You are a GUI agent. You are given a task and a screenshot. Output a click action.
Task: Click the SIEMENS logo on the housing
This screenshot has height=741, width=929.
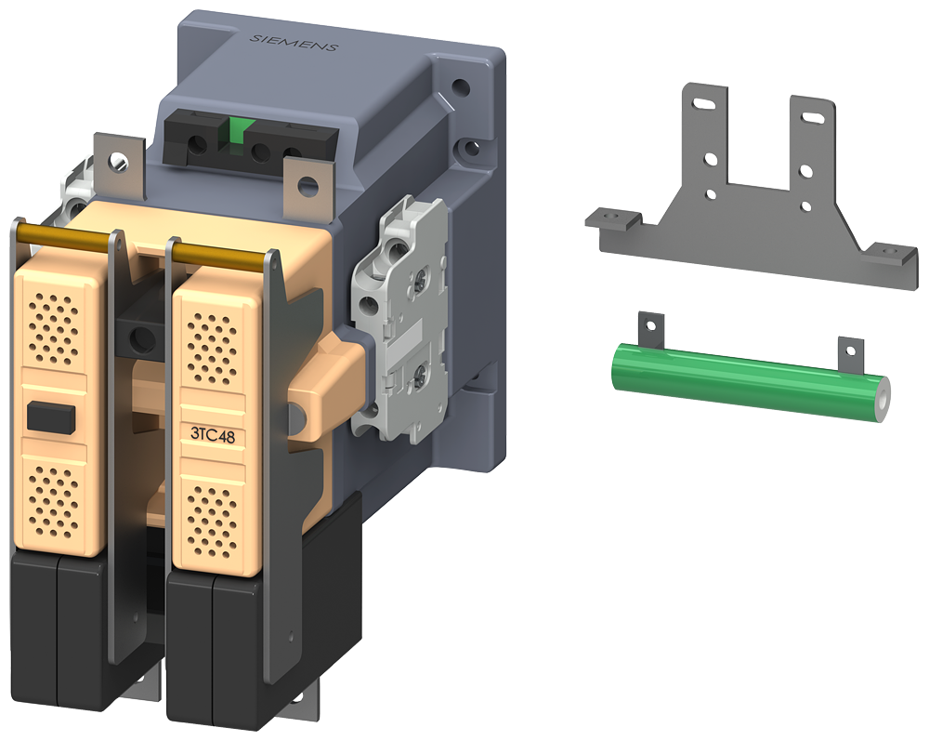tap(294, 42)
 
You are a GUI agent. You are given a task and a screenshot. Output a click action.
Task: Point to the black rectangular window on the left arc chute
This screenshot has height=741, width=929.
tap(51, 417)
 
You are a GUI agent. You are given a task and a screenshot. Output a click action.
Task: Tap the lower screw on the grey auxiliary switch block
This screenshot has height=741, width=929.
tap(421, 372)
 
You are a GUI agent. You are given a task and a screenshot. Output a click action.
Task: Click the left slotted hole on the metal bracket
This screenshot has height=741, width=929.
tap(703, 104)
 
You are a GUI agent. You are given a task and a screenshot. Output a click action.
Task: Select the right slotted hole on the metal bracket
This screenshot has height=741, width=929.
tap(812, 118)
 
